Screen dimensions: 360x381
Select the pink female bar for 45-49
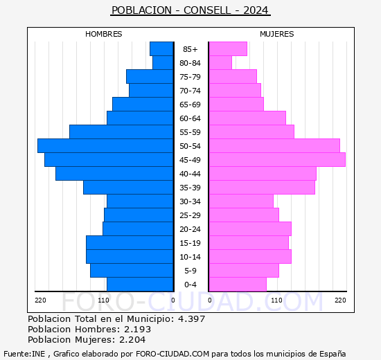point(277,159)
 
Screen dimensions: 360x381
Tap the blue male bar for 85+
point(161,48)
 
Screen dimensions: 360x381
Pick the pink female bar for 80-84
point(220,62)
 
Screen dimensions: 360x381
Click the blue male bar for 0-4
point(140,285)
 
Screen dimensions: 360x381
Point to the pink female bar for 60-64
point(247,118)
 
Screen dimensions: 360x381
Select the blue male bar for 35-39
point(128,187)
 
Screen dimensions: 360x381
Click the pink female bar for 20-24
point(250,228)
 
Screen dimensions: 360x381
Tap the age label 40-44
point(190,174)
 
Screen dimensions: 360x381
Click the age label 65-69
point(190,105)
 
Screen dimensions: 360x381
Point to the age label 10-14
point(190,257)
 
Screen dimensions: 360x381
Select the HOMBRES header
point(104,34)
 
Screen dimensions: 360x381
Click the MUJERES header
point(277,34)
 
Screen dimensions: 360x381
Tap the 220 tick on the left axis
point(40,300)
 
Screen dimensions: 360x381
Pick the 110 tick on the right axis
point(277,300)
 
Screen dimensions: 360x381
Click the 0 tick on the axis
point(173,300)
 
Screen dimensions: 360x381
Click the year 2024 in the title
point(254,10)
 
